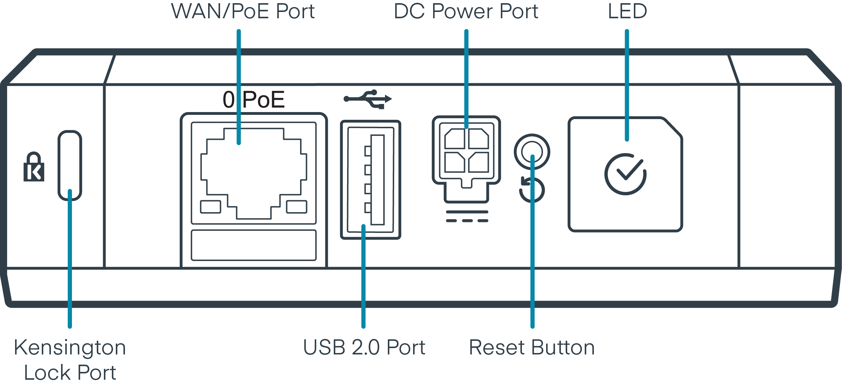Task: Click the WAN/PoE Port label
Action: [243, 11]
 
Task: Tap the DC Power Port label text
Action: [466, 11]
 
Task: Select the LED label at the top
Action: [627, 11]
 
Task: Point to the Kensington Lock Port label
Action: [70, 360]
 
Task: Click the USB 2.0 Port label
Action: [364, 348]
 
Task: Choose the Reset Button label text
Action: [532, 348]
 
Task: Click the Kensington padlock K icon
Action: [34, 168]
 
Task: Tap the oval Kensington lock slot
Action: [70, 165]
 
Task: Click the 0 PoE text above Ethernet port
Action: [253, 100]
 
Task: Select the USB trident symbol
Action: [367, 99]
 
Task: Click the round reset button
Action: [532, 152]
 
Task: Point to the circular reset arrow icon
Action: [532, 190]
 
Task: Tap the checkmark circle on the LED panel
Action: [625, 174]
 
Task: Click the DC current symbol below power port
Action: [467, 216]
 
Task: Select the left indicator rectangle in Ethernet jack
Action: [210, 207]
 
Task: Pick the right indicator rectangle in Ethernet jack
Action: [297, 207]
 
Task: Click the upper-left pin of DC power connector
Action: [455, 139]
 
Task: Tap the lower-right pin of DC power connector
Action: [478, 162]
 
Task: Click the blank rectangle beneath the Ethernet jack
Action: [253, 245]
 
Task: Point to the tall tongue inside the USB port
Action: [377, 180]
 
